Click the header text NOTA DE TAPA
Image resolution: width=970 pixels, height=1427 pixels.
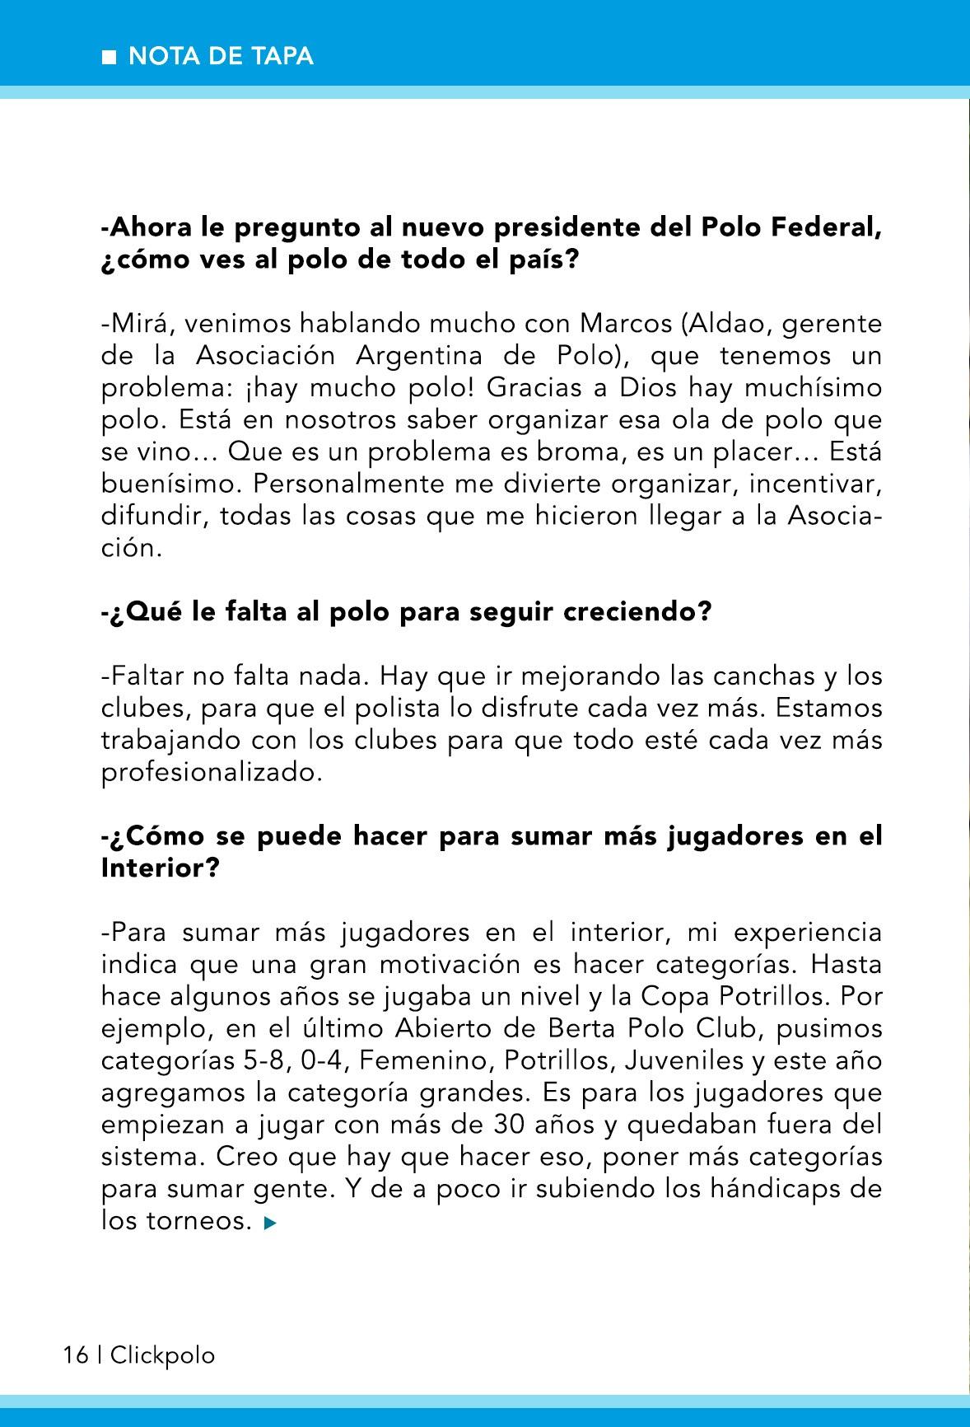coord(222,56)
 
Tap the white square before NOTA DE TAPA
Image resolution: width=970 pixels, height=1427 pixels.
coord(108,57)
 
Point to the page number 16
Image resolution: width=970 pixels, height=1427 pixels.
coord(76,1355)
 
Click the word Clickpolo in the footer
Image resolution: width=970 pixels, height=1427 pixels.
coord(162,1355)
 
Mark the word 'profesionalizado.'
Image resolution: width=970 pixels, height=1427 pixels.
coord(211,773)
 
